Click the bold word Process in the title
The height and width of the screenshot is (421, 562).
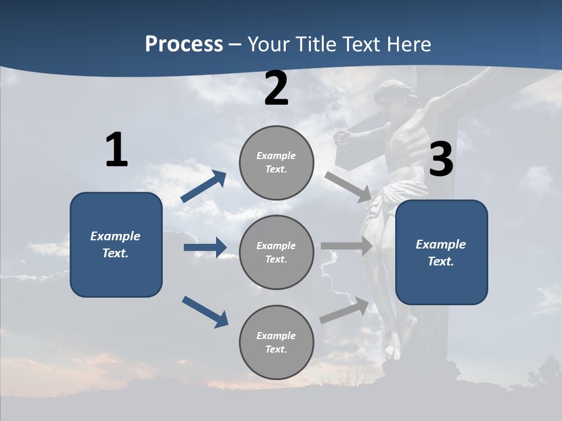point(184,44)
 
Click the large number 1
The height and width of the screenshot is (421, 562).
point(116,150)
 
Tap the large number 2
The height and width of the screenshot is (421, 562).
point(276,89)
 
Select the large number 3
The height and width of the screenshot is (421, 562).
point(441,160)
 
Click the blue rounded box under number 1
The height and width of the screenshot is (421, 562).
point(116,244)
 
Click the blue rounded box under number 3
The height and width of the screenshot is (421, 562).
point(441,252)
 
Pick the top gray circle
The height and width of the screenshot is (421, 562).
point(276,163)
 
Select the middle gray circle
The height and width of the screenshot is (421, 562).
point(276,252)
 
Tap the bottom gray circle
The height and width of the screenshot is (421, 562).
point(276,342)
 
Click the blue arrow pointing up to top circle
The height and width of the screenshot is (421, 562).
point(204,187)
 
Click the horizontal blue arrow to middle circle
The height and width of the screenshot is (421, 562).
point(205,247)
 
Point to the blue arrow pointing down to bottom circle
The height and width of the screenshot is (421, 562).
point(205,312)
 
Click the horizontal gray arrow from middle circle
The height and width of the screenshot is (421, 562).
point(347,246)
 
